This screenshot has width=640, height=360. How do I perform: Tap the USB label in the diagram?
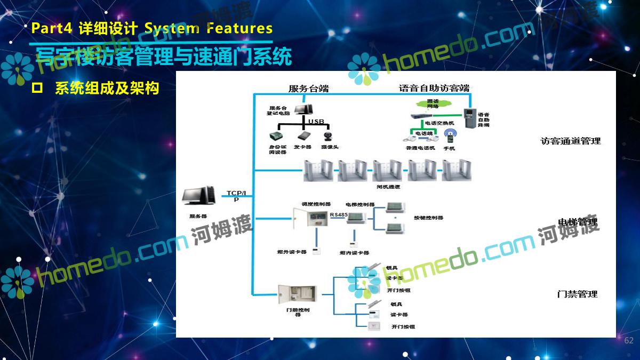316,122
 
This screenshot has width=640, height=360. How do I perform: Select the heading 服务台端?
308,89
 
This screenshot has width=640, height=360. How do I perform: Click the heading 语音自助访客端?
434,88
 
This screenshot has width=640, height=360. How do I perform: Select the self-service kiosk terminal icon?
468,118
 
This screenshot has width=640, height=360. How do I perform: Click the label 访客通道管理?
570,141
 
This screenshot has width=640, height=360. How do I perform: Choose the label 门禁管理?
577,294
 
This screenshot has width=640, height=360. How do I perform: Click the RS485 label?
339,214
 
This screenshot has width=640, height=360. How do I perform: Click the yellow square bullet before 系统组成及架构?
37,88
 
